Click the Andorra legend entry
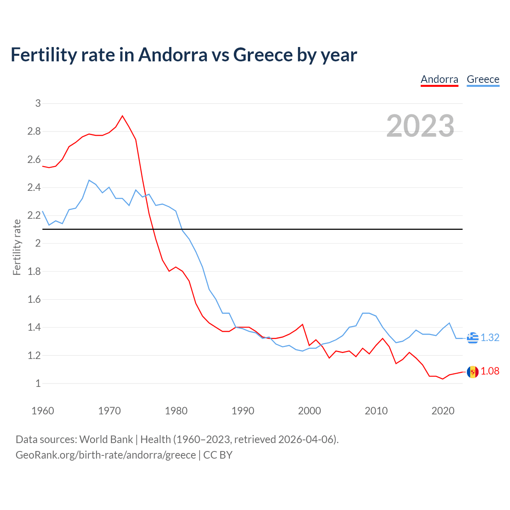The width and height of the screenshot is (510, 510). (x=439, y=79)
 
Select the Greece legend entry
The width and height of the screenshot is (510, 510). (x=483, y=79)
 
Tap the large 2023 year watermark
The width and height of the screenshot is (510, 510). (x=420, y=126)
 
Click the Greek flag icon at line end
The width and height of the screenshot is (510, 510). (x=473, y=337)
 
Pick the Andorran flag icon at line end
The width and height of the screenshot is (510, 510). (x=473, y=372)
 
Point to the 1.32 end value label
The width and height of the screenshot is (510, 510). (x=490, y=337)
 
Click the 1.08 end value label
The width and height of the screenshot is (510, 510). (x=490, y=371)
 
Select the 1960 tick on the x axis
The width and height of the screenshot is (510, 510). (x=43, y=411)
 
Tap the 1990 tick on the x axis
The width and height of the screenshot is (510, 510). (x=243, y=411)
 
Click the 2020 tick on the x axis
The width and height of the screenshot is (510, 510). (x=443, y=411)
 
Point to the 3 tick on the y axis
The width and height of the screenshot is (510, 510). (x=38, y=103)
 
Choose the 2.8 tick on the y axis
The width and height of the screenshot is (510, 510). (x=34, y=131)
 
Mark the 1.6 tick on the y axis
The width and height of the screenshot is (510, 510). (x=34, y=299)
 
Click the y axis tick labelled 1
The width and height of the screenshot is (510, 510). (x=38, y=383)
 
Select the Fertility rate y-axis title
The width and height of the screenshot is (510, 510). (x=17, y=247)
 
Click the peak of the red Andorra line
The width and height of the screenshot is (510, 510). (x=122, y=116)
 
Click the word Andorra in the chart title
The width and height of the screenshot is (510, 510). (x=173, y=55)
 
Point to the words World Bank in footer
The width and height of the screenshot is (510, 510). (x=106, y=439)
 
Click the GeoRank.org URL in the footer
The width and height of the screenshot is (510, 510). (x=106, y=455)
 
